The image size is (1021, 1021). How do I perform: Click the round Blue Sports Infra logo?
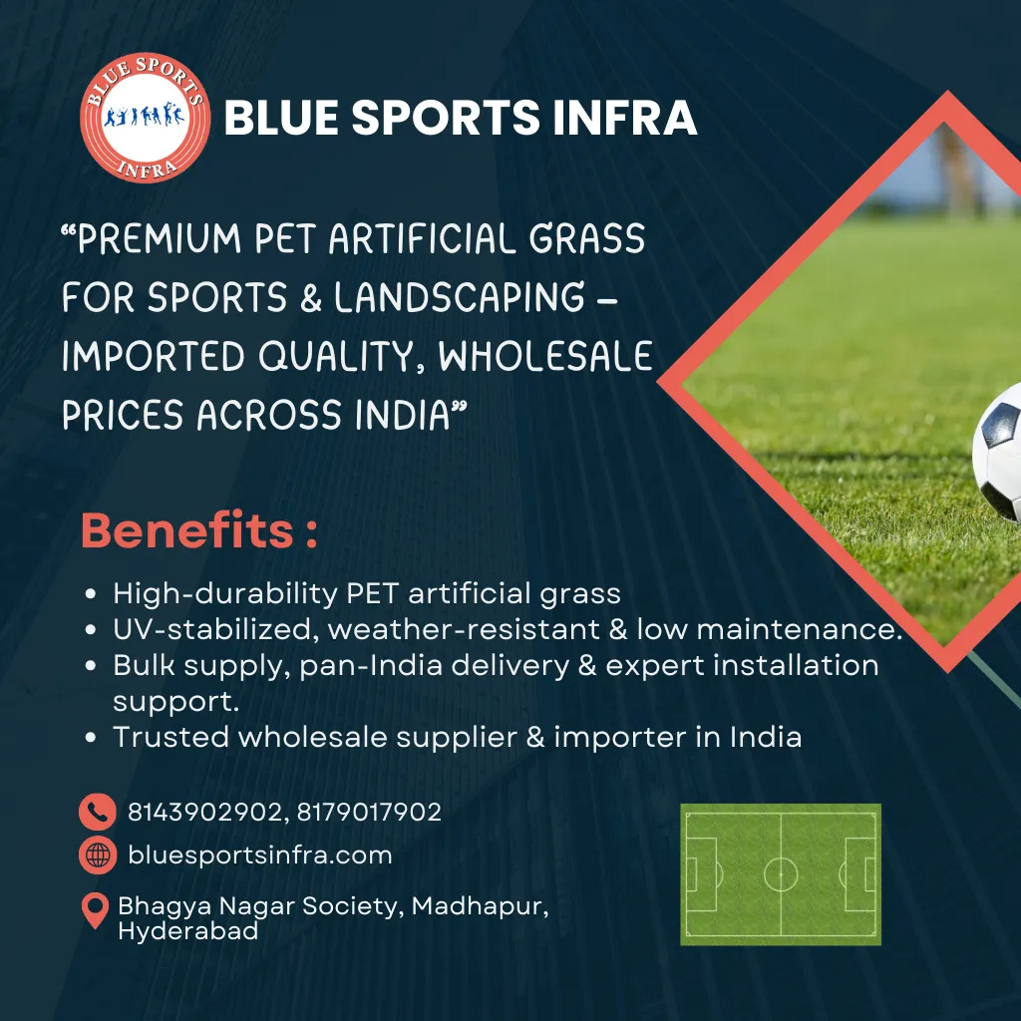coord(145,119)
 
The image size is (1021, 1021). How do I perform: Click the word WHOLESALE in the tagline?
coord(546,356)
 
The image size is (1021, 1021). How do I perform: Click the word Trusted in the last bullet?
coord(169,737)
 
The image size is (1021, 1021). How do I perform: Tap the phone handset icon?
coord(97,813)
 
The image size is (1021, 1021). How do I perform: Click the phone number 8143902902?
coord(202,813)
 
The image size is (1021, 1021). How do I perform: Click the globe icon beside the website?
coord(97,855)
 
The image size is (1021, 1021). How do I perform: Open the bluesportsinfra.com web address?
coord(260,855)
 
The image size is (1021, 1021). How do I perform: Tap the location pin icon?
coord(95,910)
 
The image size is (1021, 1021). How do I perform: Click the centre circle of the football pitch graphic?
coord(780,874)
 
